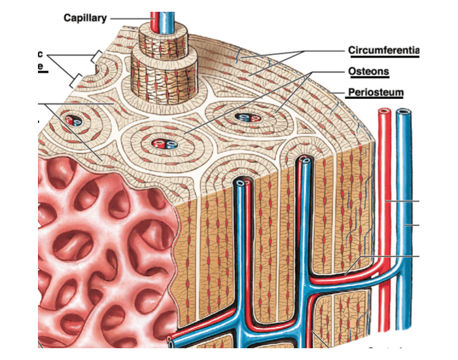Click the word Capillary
tap(85, 18)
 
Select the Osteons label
tap(368, 71)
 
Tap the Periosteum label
tap(375, 93)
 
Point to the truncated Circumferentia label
tap(383, 50)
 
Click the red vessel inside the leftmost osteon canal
tap(69, 120)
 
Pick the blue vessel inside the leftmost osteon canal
tap(76, 121)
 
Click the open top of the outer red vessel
tap(383, 113)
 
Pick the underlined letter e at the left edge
tap(41, 66)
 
